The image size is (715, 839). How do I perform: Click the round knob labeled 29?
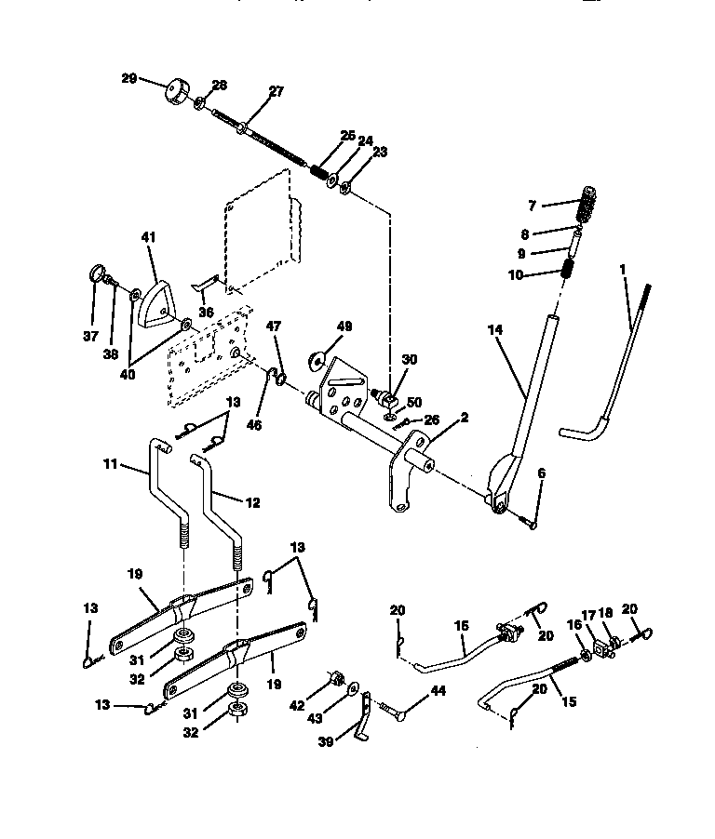pyautogui.click(x=175, y=93)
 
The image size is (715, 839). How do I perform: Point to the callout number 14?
pyautogui.click(x=494, y=329)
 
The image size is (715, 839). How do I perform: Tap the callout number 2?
pyautogui.click(x=465, y=418)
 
